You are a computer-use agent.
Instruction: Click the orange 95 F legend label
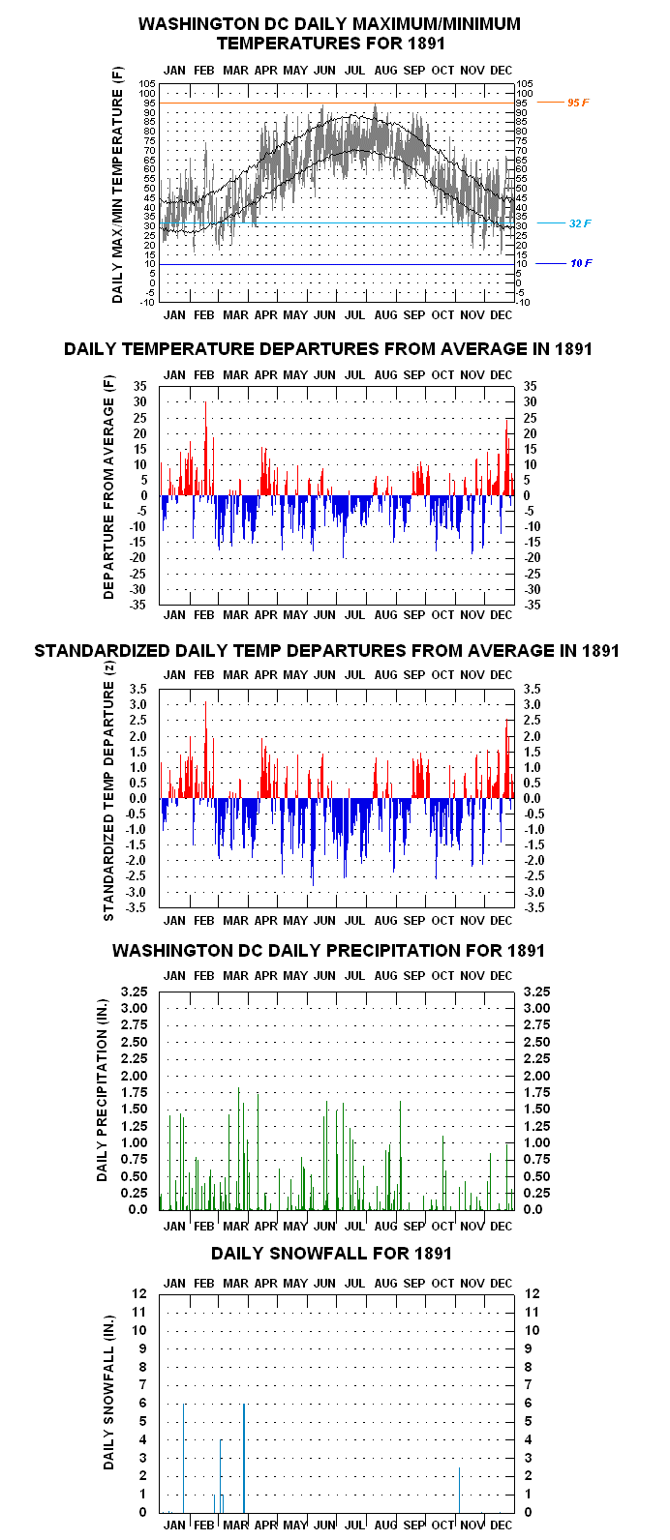578,103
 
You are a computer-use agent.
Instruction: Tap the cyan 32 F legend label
580,223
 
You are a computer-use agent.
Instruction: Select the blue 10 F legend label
581,263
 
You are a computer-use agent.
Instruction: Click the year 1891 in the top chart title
426,44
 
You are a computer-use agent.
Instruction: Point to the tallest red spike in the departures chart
205,448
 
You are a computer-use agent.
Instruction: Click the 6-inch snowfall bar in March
244,1458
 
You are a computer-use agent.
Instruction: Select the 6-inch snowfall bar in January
184,1458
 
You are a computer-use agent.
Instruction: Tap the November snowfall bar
460,1490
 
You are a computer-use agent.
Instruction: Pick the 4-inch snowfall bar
220,1476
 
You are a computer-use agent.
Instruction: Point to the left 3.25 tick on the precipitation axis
135,992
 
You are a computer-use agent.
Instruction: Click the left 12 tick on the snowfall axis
139,1293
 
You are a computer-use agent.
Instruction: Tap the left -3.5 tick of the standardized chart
136,907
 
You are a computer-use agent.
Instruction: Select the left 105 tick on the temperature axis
148,84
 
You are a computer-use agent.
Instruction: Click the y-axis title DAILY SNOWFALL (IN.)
108,1393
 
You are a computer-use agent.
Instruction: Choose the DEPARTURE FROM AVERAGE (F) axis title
108,487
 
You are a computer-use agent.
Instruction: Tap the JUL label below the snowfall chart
355,1525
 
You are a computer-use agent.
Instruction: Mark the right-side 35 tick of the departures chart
531,386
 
